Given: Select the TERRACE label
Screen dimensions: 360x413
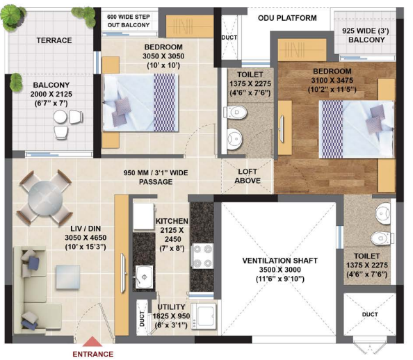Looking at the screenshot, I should click(54, 40).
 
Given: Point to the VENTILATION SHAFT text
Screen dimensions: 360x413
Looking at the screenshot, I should click(280, 261).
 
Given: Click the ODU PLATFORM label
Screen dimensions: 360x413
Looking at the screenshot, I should click(287, 18).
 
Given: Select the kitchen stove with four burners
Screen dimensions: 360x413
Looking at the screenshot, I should click(204, 255).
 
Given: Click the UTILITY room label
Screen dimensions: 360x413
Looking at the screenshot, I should click(170, 306).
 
